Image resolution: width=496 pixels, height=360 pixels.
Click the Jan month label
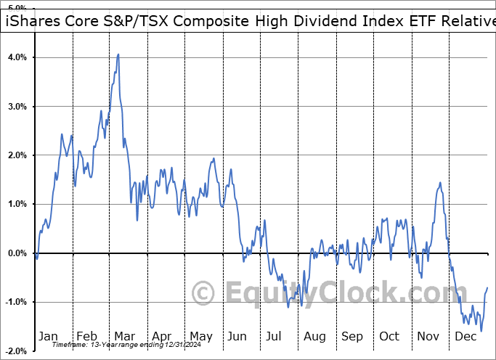tap(48, 336)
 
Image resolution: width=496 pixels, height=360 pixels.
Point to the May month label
tap(200, 336)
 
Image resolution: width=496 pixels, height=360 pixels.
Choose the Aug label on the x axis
tap(314, 336)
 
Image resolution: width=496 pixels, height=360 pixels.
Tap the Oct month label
tap(389, 336)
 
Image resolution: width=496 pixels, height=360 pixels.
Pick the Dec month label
tap(464, 336)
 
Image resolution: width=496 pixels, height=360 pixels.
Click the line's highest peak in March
tap(118, 54)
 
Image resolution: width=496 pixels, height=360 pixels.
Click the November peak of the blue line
tap(440, 183)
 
